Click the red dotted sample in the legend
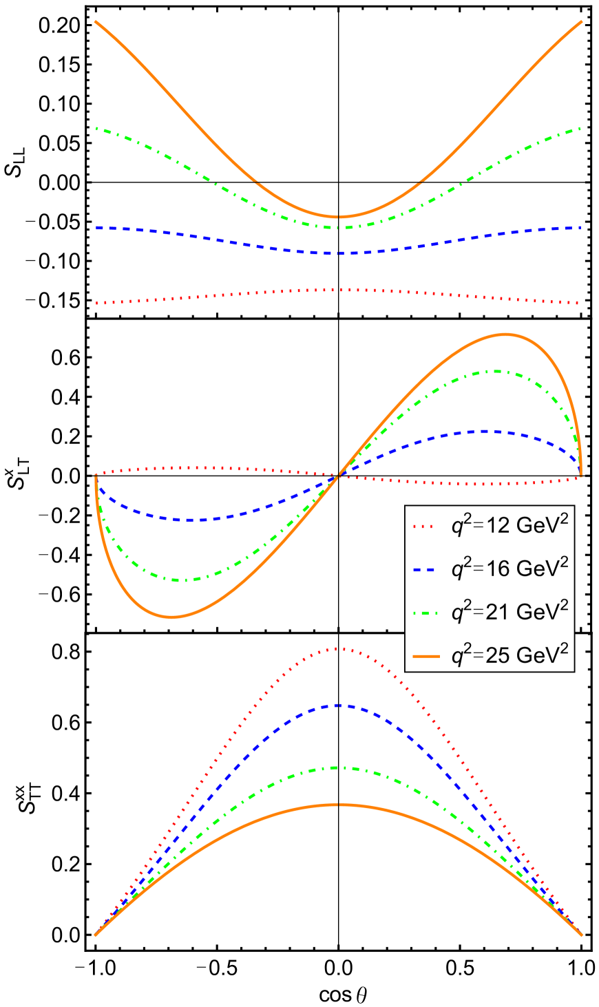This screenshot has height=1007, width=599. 423,527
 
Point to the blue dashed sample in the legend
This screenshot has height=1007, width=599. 423,569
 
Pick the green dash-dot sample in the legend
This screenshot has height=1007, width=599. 423,613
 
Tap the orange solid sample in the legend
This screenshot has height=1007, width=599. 423,656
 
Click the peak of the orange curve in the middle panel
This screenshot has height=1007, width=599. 505,334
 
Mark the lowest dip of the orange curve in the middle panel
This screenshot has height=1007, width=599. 172,617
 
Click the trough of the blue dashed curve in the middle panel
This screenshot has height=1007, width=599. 189,520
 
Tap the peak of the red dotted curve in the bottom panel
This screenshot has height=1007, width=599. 339,648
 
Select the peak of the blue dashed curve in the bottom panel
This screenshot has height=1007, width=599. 339,705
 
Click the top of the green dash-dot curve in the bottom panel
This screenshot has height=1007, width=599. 339,767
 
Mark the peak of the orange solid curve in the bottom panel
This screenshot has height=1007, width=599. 339,804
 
